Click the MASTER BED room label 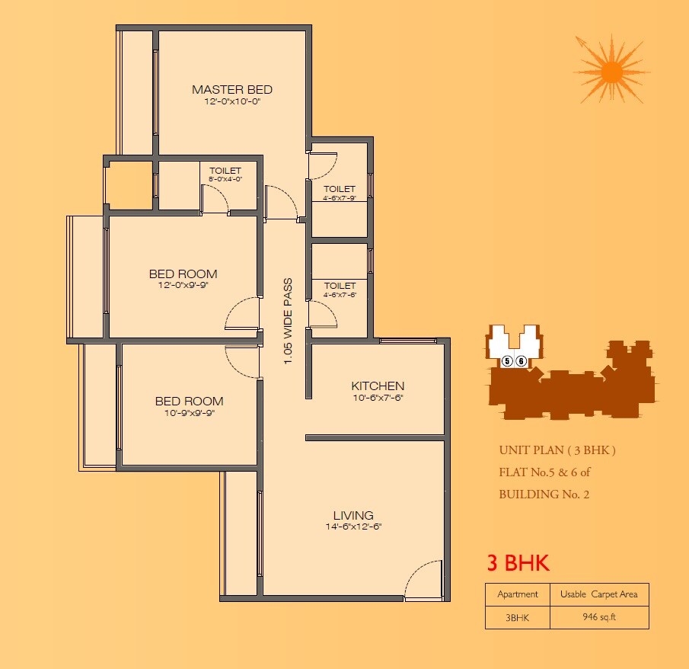[231, 90]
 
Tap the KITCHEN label [378, 386]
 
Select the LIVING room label [353, 516]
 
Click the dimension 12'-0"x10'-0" [231, 101]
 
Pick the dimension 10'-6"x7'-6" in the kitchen [378, 398]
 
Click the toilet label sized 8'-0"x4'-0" [225, 171]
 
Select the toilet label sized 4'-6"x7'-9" [340, 189]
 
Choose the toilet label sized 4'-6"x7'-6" [340, 286]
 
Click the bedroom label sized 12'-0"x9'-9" [183, 274]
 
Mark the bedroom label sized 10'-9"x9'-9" [189, 402]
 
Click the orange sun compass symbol [611, 71]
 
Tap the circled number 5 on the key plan [506, 361]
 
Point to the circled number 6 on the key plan [522, 361]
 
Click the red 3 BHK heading [518, 564]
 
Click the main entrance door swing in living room [423, 581]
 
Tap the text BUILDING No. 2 [544, 494]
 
